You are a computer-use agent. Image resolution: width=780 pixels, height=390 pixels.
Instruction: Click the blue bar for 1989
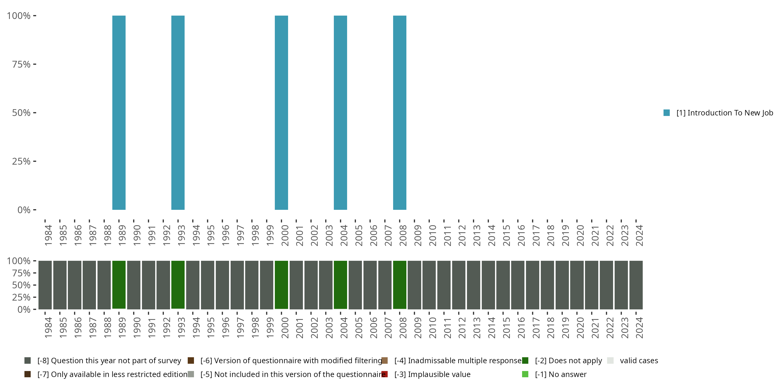[x=119, y=113]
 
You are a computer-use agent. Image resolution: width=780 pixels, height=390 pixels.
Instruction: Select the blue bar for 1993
[x=178, y=113]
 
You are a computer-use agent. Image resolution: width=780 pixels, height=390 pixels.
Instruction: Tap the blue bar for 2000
[x=281, y=113]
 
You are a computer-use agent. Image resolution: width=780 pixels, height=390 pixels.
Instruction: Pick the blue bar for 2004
[x=340, y=113]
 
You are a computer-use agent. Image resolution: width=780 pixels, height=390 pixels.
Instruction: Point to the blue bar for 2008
[x=399, y=113]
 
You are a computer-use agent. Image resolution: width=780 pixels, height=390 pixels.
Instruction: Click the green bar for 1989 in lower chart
[x=119, y=285]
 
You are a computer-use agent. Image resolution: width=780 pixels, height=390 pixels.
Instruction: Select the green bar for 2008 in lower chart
[x=399, y=285]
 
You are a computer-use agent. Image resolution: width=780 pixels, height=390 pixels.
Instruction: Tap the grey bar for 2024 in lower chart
[x=636, y=285]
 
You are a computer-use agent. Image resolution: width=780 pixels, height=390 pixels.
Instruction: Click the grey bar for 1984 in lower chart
[x=45, y=285]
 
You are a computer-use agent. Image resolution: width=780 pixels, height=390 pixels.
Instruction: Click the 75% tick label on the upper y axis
[x=21, y=64]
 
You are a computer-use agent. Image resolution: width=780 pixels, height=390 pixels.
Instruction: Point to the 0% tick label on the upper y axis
[x=24, y=210]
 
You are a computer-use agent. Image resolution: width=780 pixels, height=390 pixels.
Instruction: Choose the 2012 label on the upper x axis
[x=462, y=235]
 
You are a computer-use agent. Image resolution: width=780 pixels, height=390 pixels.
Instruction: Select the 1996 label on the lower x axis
[x=226, y=328]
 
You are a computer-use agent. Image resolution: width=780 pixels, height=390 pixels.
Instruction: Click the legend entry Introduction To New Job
[x=724, y=113]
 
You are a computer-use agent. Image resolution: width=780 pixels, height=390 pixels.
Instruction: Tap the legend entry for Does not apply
[x=568, y=361]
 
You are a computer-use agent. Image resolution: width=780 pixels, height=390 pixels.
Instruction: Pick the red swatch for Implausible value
[x=385, y=374]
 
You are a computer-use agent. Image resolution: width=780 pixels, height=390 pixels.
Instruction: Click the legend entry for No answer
[x=561, y=374]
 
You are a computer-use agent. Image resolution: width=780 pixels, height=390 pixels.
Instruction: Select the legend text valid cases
[x=639, y=361]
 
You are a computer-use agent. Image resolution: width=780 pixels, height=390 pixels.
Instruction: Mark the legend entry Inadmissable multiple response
[x=458, y=361]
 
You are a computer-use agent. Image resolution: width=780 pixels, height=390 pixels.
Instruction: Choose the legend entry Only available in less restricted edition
[x=112, y=374]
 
